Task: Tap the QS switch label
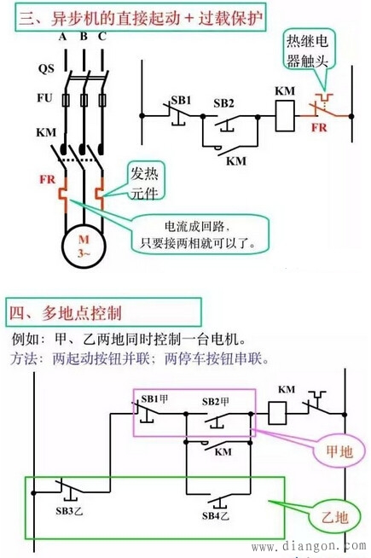[x=45, y=67]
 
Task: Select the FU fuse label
[x=45, y=101]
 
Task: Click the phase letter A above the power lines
[x=63, y=38]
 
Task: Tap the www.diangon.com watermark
[x=301, y=547]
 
